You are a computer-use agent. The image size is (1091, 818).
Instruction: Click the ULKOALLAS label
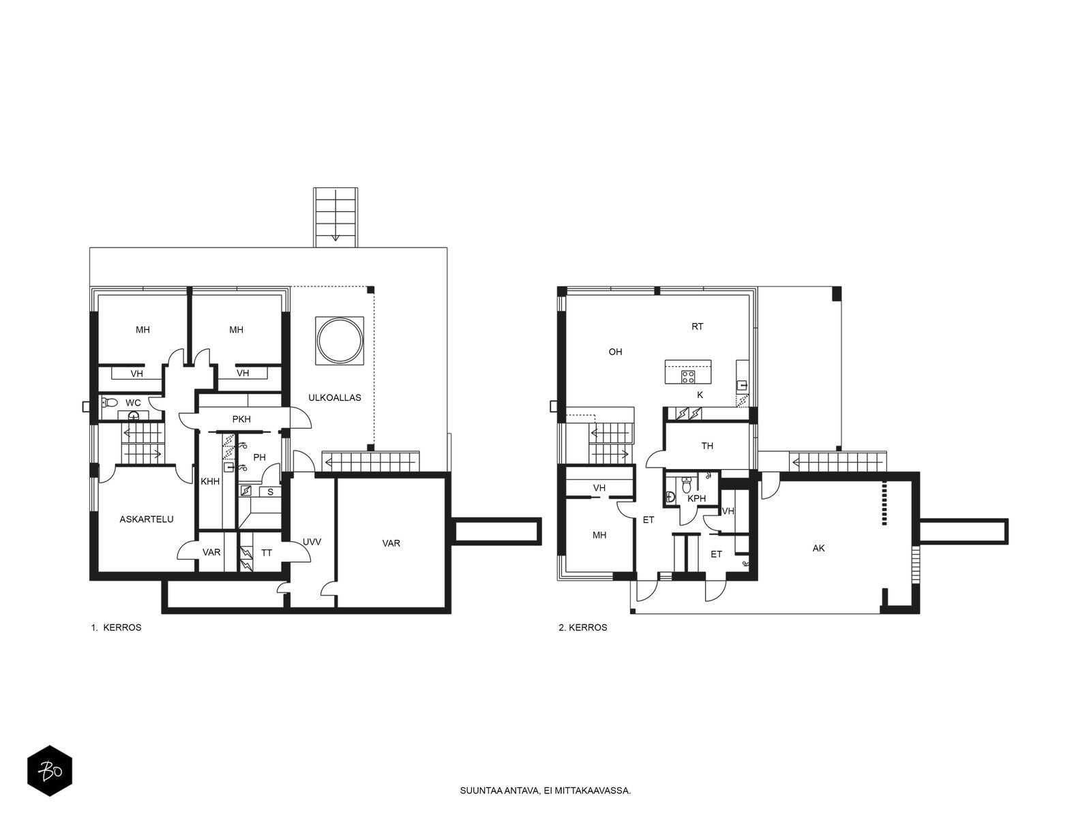pyautogui.click(x=335, y=398)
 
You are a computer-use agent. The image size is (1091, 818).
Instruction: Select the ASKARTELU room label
pyautogui.click(x=147, y=519)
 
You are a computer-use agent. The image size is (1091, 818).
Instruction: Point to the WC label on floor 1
pyautogui.click(x=133, y=403)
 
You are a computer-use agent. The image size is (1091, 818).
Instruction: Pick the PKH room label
pyautogui.click(x=241, y=419)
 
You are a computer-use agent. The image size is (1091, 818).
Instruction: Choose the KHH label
pyautogui.click(x=210, y=481)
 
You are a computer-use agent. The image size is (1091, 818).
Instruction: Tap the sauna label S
pyautogui.click(x=271, y=492)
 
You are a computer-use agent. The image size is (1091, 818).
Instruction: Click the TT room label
pyautogui.click(x=267, y=553)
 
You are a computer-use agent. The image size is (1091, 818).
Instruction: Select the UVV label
pyautogui.click(x=312, y=543)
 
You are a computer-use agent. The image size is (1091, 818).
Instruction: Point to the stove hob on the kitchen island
pyautogui.click(x=688, y=376)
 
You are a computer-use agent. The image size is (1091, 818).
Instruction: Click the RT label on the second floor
pyautogui.click(x=698, y=327)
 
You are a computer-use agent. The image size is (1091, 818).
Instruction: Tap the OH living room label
pyautogui.click(x=615, y=352)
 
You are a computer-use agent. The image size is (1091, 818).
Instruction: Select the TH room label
pyautogui.click(x=707, y=446)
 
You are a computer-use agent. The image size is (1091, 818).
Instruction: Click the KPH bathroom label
pyautogui.click(x=696, y=499)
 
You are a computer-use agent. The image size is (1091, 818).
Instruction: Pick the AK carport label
pyautogui.click(x=819, y=548)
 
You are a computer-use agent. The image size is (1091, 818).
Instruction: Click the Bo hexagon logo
pyautogui.click(x=50, y=771)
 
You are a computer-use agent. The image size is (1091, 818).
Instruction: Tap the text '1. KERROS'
pyautogui.click(x=117, y=628)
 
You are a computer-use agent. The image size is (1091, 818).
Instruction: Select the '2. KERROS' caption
pyautogui.click(x=583, y=628)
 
